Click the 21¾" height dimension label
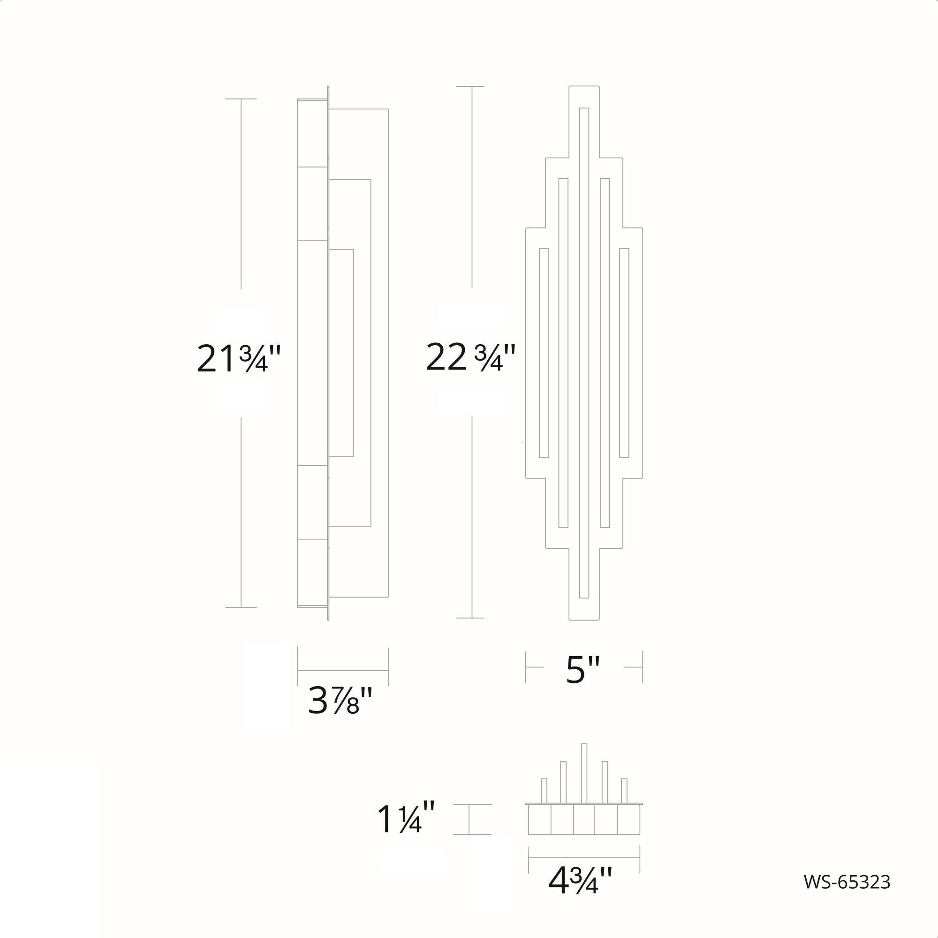click(x=239, y=359)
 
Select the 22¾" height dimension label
click(x=469, y=358)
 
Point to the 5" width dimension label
click(x=583, y=670)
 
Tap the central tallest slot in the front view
click(x=584, y=353)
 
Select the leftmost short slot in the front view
click(x=544, y=353)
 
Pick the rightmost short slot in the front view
click(x=624, y=353)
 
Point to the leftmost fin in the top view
click(x=544, y=790)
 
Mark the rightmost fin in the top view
click(x=624, y=790)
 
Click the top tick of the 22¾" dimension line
click(x=470, y=86)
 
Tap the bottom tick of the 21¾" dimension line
click(x=241, y=607)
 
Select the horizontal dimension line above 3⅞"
click(x=343, y=671)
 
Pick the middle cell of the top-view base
click(x=584, y=820)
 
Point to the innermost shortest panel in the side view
click(x=341, y=353)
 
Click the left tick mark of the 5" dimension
click(x=526, y=667)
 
